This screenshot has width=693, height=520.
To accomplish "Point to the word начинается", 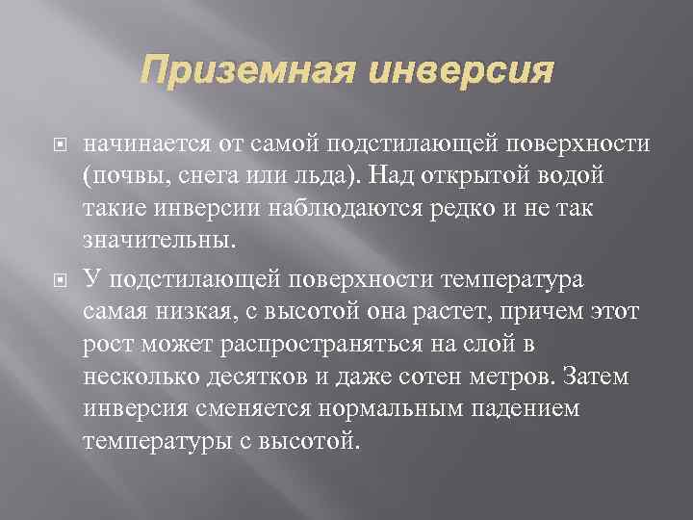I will click(143, 145).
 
